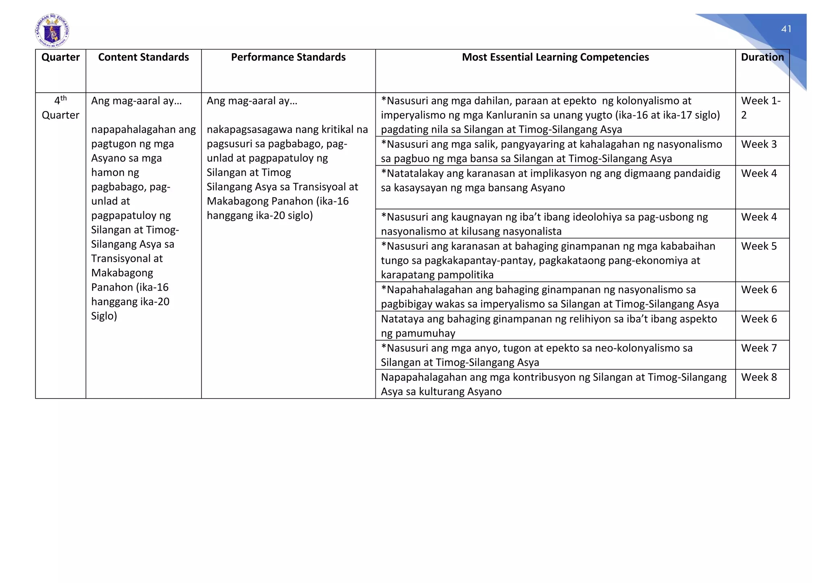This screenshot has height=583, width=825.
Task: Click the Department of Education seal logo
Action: [52, 31]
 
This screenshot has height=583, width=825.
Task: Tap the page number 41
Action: [786, 29]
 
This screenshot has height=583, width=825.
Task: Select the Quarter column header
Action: [60, 57]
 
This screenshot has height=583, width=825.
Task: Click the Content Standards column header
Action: [143, 57]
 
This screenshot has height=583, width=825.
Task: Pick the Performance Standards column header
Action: [288, 57]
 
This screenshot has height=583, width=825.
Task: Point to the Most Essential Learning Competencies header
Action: [555, 57]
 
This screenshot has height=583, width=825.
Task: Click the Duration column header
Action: [762, 57]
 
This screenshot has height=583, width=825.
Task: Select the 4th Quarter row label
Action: [60, 108]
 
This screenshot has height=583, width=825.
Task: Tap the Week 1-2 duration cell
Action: [760, 108]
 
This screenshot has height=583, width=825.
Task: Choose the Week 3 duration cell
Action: [759, 144]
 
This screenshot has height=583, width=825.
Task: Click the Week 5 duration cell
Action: [759, 246]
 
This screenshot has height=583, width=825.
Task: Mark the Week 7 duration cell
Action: [759, 348]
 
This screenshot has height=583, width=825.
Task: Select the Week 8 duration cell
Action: [759, 377]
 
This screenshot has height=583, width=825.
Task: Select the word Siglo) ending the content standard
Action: [104, 316]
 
